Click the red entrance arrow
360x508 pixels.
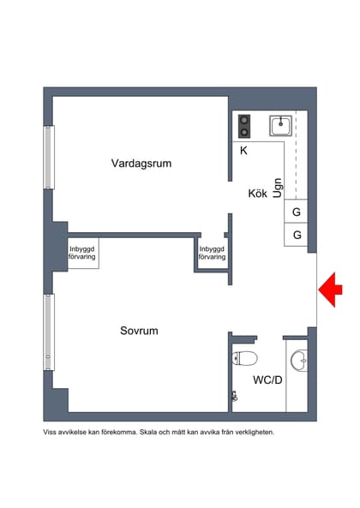pyautogui.click(x=331, y=290)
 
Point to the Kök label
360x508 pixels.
pyautogui.click(x=258, y=194)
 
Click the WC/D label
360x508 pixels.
pyautogui.click(x=267, y=379)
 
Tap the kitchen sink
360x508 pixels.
pyautogui.click(x=280, y=127)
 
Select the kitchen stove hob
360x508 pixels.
pyautogui.click(x=244, y=127)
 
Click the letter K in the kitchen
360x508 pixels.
pyautogui.click(x=243, y=151)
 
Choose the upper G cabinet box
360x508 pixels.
pyautogui.click(x=297, y=212)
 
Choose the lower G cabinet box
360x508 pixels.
pyautogui.click(x=297, y=235)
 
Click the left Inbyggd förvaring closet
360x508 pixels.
pyautogui.click(x=83, y=253)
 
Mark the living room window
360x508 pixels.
pyautogui.click(x=49, y=158)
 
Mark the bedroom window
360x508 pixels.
pyautogui.click(x=49, y=330)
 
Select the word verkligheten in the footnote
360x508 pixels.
pyautogui.click(x=250, y=433)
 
